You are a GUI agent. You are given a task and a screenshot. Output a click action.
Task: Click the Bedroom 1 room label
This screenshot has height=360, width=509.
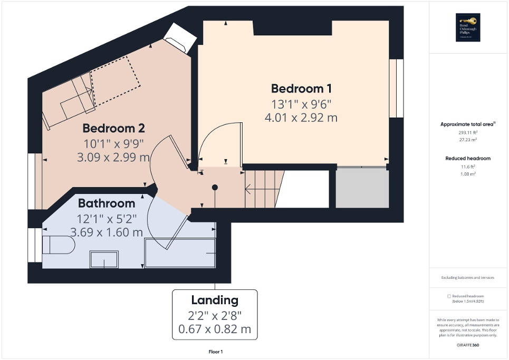coord(301,88)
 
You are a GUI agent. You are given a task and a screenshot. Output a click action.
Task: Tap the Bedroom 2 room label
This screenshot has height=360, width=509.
coord(113,128)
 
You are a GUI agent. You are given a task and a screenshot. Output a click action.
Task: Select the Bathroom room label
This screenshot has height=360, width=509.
coord(107,203)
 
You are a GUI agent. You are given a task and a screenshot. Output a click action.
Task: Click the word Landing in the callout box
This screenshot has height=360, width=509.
coord(215,300)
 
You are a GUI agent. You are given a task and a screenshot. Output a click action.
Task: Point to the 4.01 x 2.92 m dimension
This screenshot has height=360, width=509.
coord(301,118)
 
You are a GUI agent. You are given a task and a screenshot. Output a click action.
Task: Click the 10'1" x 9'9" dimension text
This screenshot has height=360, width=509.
coord(113,143)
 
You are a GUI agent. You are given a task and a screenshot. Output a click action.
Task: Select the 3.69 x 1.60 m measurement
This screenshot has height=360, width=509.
coord(107,231)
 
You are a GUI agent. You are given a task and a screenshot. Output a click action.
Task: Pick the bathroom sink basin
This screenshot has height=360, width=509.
coord(104,259)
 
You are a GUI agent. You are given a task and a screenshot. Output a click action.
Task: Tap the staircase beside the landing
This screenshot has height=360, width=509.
coord(261,188)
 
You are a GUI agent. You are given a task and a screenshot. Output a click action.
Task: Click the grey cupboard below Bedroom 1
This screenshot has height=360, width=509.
coord(362,188)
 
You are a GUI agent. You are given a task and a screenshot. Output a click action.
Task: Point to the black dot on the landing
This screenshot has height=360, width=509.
coord(215,187)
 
